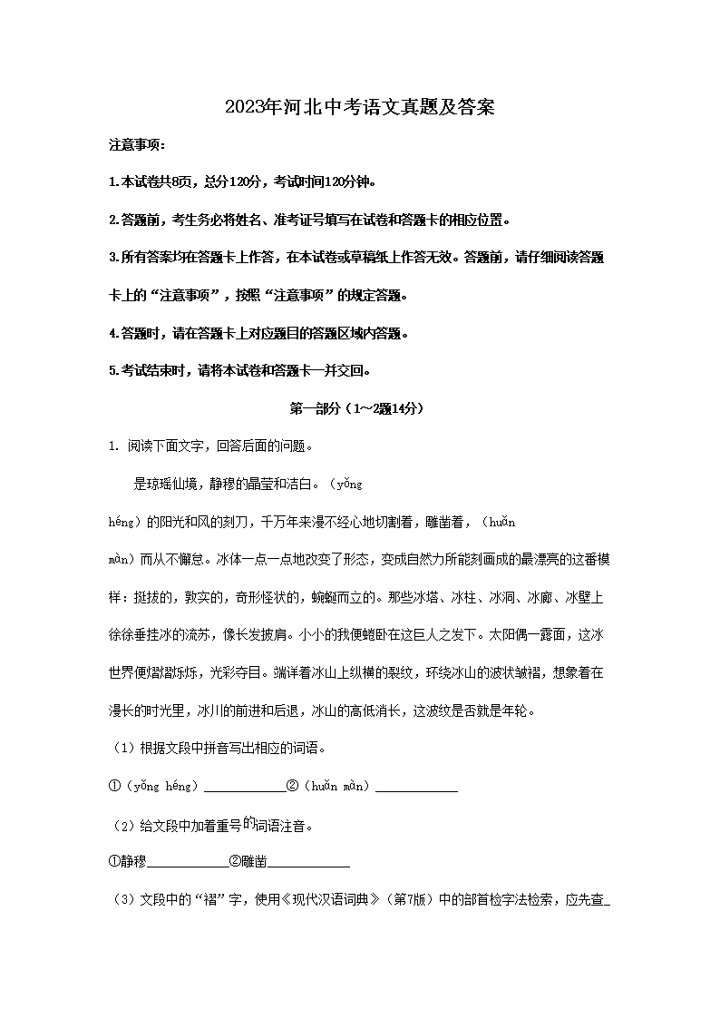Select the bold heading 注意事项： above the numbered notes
pos(137,145)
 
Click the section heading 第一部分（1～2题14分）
pos(360,409)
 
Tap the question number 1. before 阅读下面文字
pos(114,446)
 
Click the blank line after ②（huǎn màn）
pos(416,788)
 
